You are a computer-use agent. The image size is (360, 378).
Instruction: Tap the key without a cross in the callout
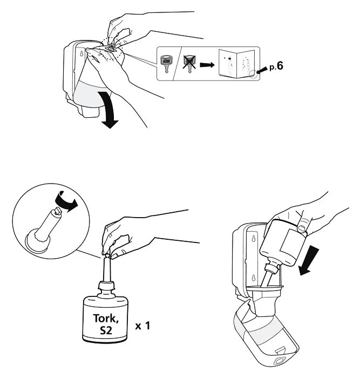[166, 64]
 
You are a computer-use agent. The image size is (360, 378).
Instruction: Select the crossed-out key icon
[189, 64]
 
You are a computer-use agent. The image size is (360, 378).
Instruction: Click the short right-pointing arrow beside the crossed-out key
[207, 65]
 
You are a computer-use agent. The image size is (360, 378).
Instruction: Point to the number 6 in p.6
[280, 66]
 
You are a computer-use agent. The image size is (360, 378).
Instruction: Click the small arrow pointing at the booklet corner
[262, 70]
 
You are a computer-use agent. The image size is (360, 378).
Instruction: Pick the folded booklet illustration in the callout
[237, 63]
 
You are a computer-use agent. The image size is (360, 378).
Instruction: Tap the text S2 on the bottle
[106, 330]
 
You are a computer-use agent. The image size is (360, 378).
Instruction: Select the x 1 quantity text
[142, 326]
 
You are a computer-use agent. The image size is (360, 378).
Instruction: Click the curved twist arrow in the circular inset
[66, 200]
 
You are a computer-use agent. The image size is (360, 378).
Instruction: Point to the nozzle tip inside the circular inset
[58, 211]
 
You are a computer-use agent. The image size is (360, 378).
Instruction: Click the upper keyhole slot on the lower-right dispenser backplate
[254, 239]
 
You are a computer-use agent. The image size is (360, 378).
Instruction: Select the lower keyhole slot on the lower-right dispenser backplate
[253, 278]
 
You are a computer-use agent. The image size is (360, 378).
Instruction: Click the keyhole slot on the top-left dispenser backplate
[81, 53]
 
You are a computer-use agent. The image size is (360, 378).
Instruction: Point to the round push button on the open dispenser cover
[279, 362]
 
